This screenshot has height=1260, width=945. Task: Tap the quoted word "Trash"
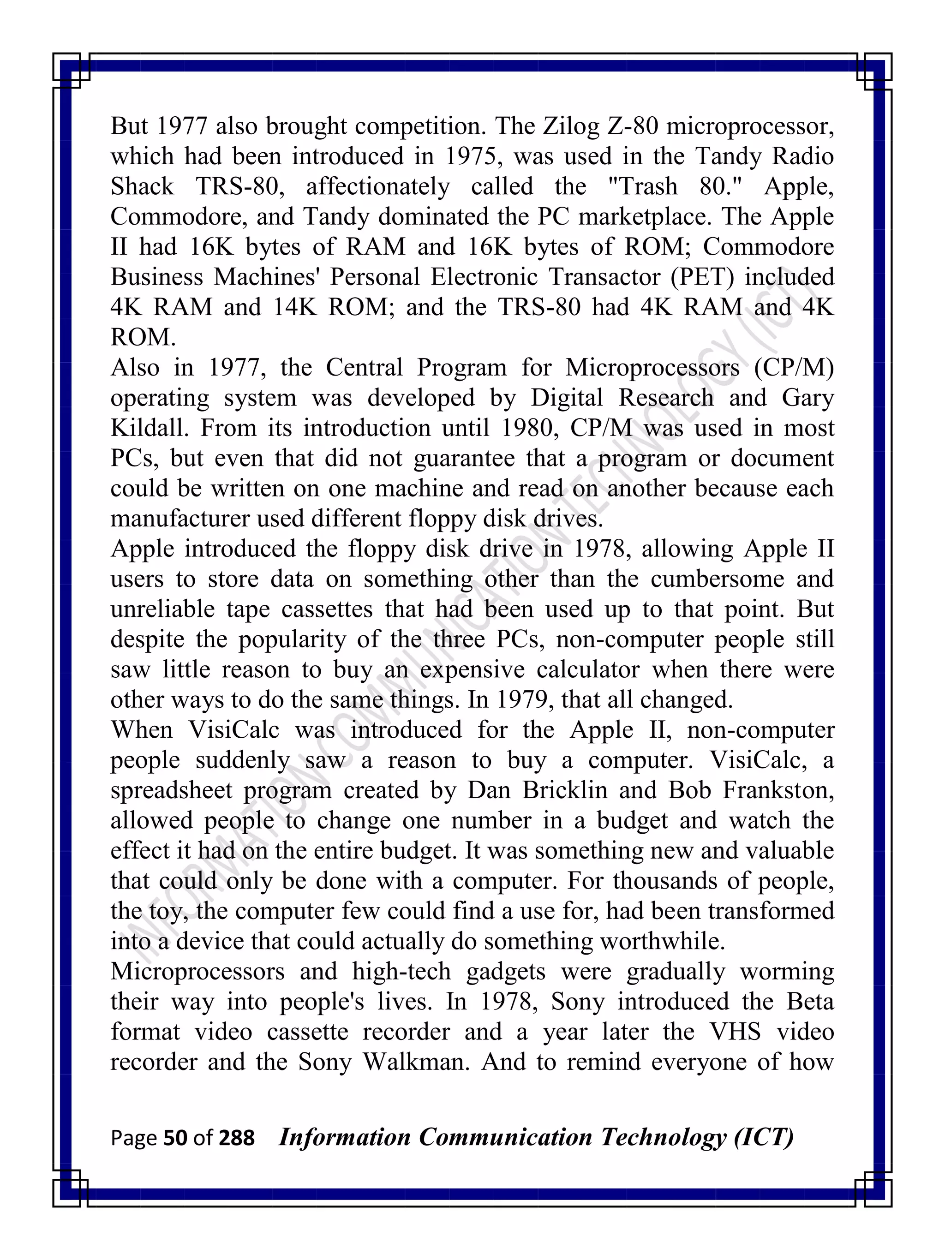[643, 187]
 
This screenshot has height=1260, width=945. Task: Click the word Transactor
[603, 277]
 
